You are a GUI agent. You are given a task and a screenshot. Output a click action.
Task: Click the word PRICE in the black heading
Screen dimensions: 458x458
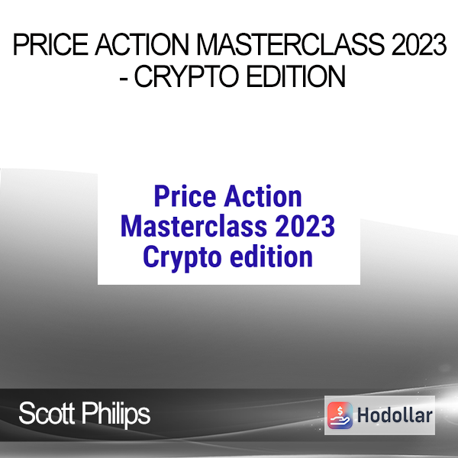[50, 44]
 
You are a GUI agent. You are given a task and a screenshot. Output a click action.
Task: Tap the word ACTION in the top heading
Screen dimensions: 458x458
[142, 44]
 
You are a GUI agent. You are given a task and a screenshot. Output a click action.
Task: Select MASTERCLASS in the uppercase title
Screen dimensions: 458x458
[290, 44]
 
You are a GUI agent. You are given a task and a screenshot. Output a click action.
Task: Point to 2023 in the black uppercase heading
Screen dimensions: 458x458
[419, 44]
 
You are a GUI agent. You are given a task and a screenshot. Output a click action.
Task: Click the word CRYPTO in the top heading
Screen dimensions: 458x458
[187, 76]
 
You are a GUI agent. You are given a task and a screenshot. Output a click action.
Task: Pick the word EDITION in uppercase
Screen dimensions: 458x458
[296, 76]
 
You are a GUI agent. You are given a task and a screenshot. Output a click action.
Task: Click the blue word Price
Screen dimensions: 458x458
[185, 196]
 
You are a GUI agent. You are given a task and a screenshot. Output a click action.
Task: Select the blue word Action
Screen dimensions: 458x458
[263, 196]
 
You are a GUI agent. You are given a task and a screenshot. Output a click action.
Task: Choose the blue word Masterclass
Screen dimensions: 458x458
[194, 226]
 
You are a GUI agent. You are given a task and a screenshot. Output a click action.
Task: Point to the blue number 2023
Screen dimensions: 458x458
[305, 226]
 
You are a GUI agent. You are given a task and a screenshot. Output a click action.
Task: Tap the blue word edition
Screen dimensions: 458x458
[271, 256]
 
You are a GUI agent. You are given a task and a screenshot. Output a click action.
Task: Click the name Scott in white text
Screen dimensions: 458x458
[47, 413]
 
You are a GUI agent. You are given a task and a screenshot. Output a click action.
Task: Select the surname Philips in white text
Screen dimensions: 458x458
[116, 414]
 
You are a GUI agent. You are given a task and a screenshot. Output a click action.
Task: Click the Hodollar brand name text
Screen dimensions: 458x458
[395, 415]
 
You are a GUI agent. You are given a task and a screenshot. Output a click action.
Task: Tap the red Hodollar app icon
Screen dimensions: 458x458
[340, 415]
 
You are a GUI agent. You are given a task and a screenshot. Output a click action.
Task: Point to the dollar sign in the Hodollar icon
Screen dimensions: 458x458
[340, 411]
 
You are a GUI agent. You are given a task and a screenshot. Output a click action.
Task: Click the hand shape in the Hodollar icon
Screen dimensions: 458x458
[340, 421]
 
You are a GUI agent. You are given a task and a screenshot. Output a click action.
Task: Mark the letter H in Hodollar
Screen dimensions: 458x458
[363, 415]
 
